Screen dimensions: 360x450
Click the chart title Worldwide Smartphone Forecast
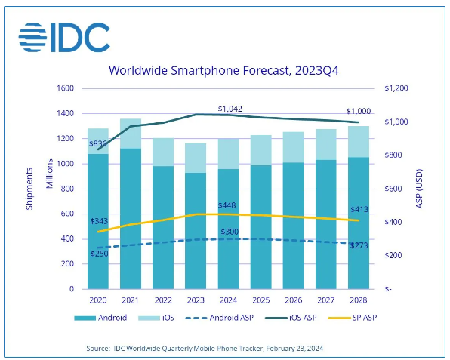[x=225, y=72]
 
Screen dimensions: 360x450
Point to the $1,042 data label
[x=231, y=108]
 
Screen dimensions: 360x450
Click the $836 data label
[x=97, y=143]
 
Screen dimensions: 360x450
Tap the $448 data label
[x=229, y=205]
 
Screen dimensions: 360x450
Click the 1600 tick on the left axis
[x=65, y=88]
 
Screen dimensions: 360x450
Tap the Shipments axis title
[x=29, y=189]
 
